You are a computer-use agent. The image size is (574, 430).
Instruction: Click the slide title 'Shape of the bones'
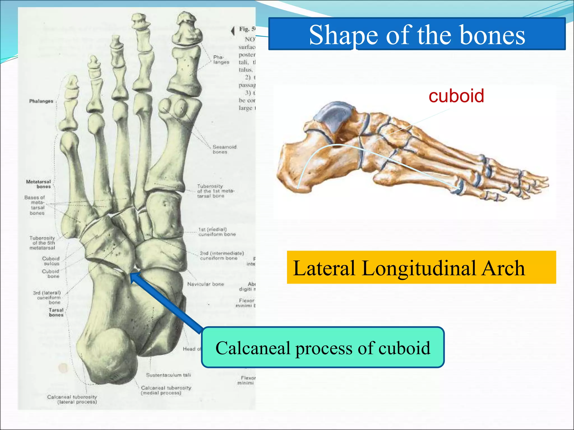pyautogui.click(x=417, y=35)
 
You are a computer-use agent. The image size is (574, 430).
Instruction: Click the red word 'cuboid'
pyautogui.click(x=456, y=96)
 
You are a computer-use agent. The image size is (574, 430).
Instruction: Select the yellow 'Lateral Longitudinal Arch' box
pyautogui.click(x=421, y=267)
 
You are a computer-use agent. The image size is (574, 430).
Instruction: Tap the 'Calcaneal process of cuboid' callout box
pyautogui.click(x=323, y=347)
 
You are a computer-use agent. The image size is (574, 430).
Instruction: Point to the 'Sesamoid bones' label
pyautogui.click(x=224, y=149)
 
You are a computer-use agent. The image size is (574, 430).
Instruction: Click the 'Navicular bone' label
pyautogui.click(x=205, y=284)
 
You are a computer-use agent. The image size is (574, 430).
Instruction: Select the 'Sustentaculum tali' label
pyautogui.click(x=168, y=375)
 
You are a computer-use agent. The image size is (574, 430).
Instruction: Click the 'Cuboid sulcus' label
pyautogui.click(x=51, y=261)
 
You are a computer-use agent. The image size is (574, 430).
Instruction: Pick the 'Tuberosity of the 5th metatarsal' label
pyautogui.click(x=42, y=243)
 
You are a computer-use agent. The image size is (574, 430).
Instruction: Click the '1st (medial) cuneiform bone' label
pyautogui.click(x=217, y=232)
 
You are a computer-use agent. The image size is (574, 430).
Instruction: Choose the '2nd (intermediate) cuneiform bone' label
pyautogui.click(x=222, y=255)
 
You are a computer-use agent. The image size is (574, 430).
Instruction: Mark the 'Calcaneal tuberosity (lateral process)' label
pyautogui.click(x=72, y=399)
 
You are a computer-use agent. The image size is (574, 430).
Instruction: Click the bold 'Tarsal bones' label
pyautogui.click(x=56, y=312)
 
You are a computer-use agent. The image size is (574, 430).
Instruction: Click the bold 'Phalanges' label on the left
pyautogui.click(x=41, y=101)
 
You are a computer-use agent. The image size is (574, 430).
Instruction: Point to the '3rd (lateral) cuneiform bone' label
pyautogui.click(x=47, y=297)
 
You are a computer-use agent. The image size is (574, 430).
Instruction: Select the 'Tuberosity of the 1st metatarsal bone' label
pyautogui.click(x=215, y=191)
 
